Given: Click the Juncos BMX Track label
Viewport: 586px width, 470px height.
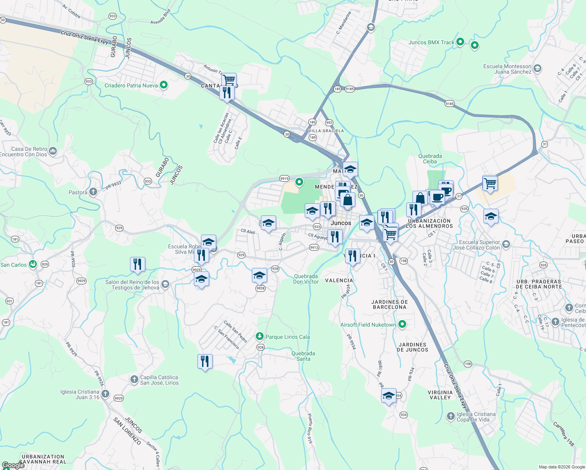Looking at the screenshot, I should tap(431, 42).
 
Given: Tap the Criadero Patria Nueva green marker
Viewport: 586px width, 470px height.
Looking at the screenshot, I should tap(164, 85).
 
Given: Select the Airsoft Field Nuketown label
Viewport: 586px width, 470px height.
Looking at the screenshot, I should tap(368, 325).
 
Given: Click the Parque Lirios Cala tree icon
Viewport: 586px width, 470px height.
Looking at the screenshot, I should tap(259, 336).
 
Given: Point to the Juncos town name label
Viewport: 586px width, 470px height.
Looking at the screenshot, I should tap(341, 223).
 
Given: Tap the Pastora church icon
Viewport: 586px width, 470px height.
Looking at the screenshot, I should tap(93, 192).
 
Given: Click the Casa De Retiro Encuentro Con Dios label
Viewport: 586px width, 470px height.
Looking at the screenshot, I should tap(24, 152).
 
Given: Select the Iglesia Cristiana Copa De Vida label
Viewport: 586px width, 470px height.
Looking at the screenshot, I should tap(476, 417).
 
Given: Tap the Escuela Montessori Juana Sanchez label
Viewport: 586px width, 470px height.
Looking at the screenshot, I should tap(507, 69).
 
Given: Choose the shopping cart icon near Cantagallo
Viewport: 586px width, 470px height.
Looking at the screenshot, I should tap(229, 80).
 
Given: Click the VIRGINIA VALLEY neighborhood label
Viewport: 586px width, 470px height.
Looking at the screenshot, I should tap(440, 395).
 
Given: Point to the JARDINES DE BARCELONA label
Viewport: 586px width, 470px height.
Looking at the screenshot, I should tap(390, 304).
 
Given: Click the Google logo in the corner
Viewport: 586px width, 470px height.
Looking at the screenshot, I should tap(13, 465).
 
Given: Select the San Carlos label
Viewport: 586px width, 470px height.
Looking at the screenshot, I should tap(14, 265).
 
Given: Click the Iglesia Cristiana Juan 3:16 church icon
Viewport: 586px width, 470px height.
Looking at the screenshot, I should tap(105, 394).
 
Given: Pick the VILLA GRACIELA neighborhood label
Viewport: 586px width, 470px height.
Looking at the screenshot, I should tap(326, 131).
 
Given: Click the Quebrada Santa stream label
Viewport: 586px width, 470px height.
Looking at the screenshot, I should tap(303, 356).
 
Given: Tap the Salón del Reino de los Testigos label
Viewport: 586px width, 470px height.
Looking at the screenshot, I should tap(132, 285).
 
